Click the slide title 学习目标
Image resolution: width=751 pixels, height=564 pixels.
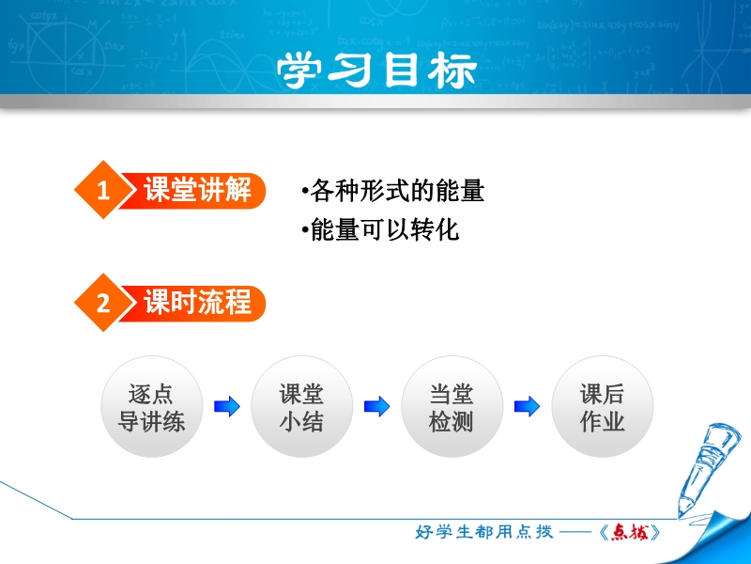point(376,70)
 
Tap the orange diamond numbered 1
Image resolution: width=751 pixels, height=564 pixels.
point(103,190)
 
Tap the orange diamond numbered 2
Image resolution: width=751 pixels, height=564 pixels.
point(103,303)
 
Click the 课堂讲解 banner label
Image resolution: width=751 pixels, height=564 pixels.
point(197,190)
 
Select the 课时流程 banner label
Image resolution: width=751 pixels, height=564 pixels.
point(197,302)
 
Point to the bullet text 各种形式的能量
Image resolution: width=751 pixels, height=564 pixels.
point(397,191)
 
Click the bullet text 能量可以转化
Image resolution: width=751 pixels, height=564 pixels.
point(385,229)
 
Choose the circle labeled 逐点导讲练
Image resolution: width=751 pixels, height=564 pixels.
point(151,407)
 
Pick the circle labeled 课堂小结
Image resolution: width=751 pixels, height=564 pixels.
point(301,407)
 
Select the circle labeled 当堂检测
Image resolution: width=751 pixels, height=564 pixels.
point(452,407)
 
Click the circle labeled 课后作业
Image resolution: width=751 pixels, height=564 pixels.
point(602,407)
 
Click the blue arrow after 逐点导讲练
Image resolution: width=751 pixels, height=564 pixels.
point(226,407)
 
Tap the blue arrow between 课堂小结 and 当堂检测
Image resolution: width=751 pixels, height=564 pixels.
point(377,407)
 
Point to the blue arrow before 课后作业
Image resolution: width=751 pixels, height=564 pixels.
point(527,407)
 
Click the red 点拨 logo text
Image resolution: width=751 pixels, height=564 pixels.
point(630,532)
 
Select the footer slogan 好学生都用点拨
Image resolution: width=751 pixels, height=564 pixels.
point(483,532)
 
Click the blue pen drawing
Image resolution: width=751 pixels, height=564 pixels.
point(709,467)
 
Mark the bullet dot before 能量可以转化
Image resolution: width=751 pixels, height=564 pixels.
point(305,230)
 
